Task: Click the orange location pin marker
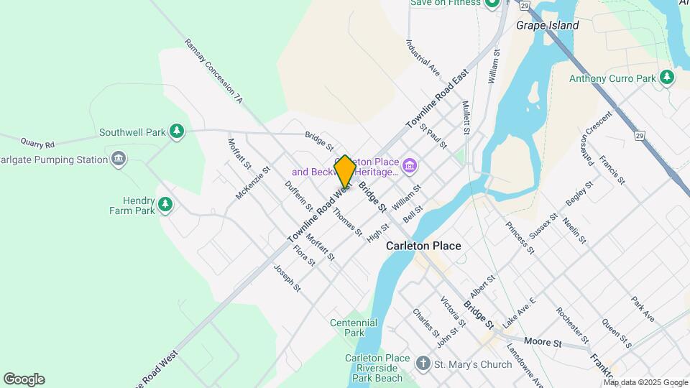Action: point(345,171)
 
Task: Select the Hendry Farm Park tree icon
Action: point(166,205)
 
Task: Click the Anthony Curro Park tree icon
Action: point(668,77)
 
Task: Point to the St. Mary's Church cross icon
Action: point(424,364)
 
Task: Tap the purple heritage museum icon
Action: point(410,167)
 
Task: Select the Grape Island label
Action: point(547,25)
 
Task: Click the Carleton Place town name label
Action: point(423,246)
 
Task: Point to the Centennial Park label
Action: point(354,328)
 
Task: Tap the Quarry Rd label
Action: point(37,143)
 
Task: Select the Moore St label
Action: point(543,342)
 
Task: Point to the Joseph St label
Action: point(287,277)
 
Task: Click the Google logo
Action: point(24,379)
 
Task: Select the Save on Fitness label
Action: point(445,3)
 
